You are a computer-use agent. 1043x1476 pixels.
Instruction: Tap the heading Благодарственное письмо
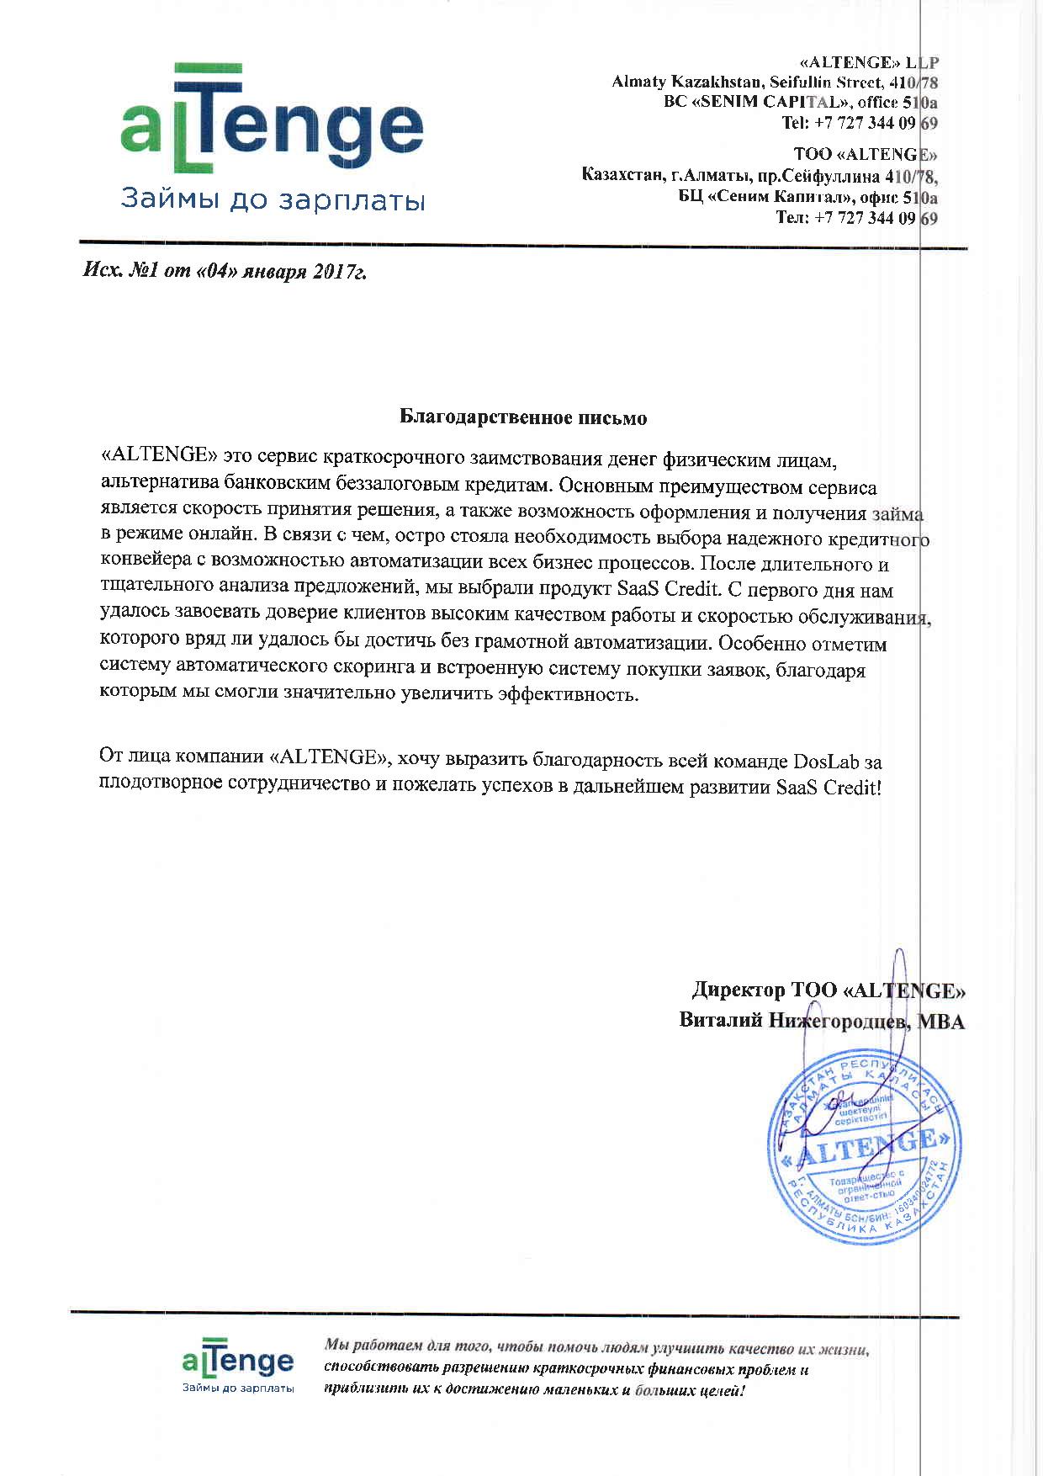pyautogui.click(x=522, y=417)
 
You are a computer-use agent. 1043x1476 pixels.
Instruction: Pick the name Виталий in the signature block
pyautogui.click(x=721, y=1021)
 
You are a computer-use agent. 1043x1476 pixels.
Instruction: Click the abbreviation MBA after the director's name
pyautogui.click(x=940, y=1022)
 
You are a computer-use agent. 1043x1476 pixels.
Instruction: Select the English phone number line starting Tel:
pyautogui.click(x=860, y=123)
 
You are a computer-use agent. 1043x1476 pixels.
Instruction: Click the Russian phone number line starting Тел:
pyautogui.click(x=856, y=218)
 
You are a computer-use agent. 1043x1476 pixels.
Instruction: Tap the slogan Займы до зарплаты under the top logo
pyautogui.click(x=273, y=200)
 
